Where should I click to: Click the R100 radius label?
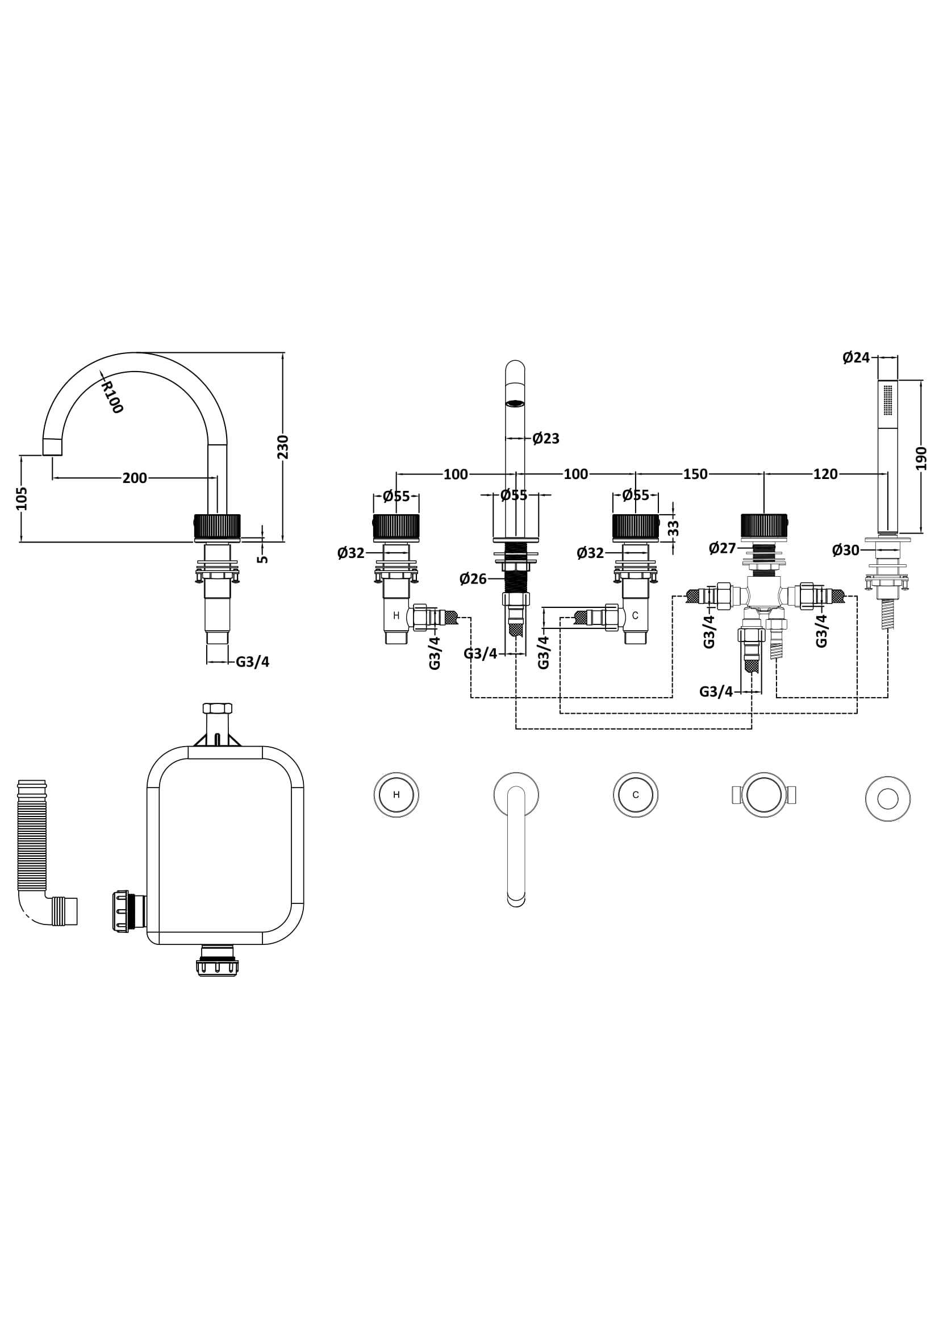(112, 397)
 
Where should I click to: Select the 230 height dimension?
(283, 446)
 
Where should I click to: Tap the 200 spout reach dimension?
(135, 478)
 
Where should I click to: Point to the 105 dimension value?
(22, 498)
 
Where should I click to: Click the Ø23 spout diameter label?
(545, 439)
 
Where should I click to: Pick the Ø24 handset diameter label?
(855, 358)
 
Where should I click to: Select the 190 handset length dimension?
(921, 458)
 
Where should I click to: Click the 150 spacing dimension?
(695, 474)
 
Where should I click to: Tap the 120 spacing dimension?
(825, 474)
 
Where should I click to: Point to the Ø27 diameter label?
(722, 548)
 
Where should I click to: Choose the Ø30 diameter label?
(845, 551)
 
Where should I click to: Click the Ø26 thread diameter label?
(473, 579)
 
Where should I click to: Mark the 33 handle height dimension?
(674, 528)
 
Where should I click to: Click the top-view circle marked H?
(397, 795)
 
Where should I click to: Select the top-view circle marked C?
(636, 795)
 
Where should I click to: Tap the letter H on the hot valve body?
(397, 615)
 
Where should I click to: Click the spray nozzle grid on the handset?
(888, 399)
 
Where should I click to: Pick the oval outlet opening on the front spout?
(515, 402)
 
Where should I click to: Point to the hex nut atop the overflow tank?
(218, 708)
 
